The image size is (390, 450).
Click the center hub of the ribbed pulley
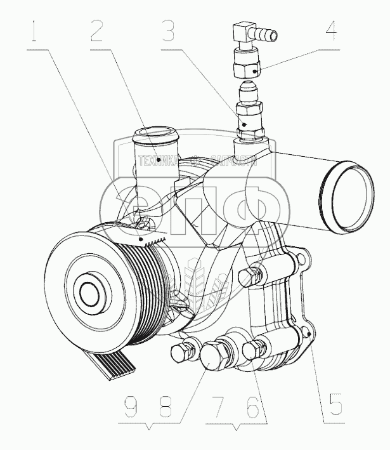click(89, 292)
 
